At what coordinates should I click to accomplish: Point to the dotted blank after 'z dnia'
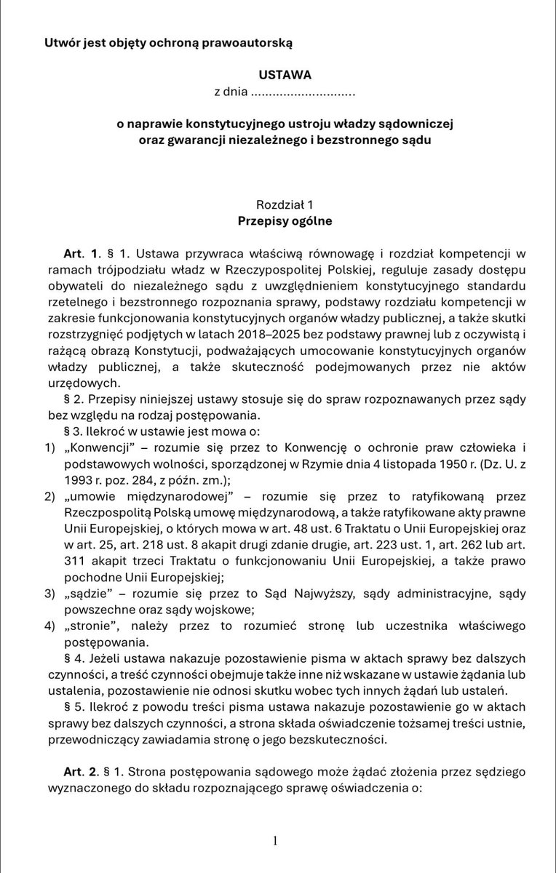point(303,94)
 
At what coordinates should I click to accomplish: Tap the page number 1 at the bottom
point(276,841)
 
